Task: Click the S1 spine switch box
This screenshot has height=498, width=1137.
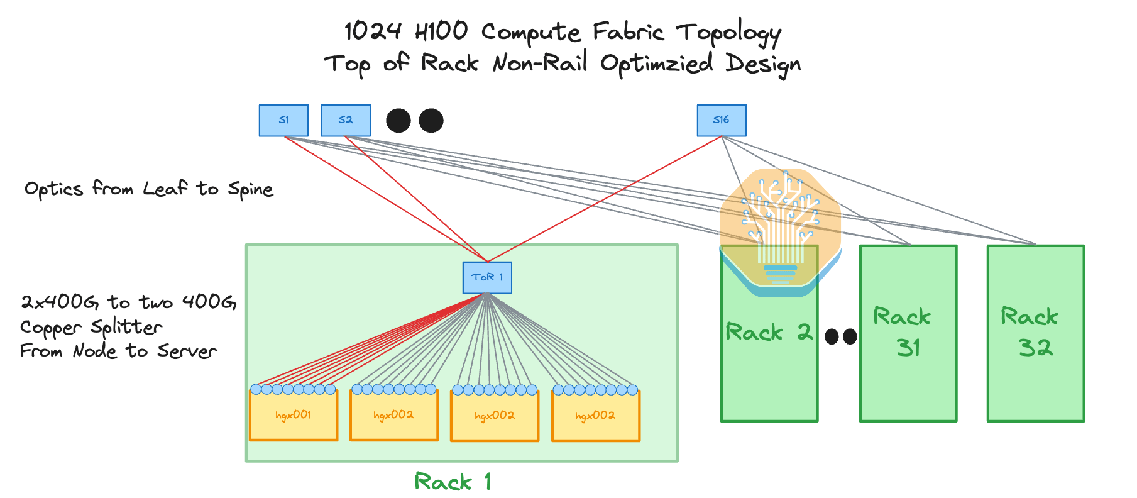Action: (283, 120)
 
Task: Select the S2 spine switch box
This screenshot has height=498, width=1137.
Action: (346, 120)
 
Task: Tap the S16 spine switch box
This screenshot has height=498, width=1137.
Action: (722, 120)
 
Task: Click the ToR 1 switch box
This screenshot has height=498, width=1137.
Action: (487, 277)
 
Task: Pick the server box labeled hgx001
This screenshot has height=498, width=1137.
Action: (294, 416)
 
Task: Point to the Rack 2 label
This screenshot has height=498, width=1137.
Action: (768, 332)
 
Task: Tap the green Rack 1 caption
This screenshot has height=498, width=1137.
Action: (453, 482)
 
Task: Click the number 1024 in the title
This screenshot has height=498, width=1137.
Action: (372, 31)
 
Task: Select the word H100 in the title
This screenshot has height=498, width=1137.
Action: (442, 31)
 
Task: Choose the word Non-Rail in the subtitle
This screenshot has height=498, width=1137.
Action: (540, 63)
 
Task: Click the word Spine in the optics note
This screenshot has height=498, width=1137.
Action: (250, 190)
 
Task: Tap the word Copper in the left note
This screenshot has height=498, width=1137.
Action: (51, 328)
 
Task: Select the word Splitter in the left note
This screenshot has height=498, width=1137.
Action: (126, 327)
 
